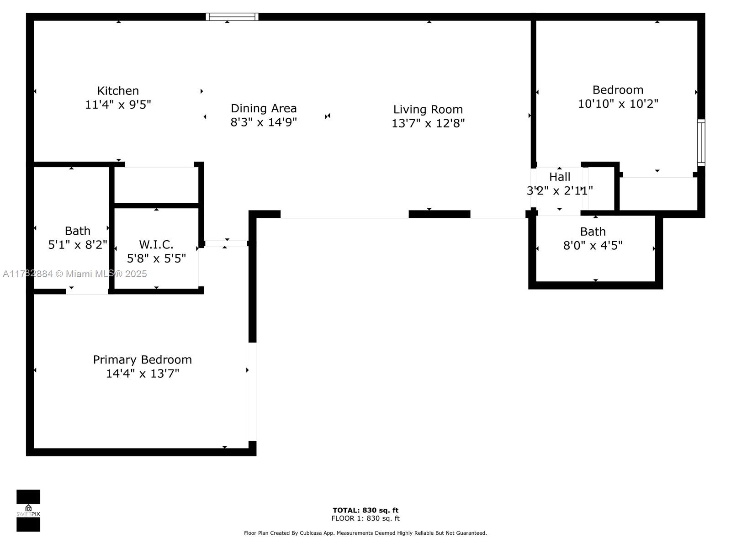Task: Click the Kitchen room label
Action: tap(118, 91)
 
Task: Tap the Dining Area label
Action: tap(264, 109)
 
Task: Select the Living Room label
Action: tap(428, 110)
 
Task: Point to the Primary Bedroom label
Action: tap(143, 360)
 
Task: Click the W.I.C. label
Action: tap(156, 245)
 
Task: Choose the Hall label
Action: tap(560, 177)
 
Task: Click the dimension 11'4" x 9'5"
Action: tap(118, 105)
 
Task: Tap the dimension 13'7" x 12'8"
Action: tap(428, 123)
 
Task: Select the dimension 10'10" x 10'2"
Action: tap(618, 104)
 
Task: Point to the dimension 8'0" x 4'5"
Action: tap(593, 246)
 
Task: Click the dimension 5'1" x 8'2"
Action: tap(78, 245)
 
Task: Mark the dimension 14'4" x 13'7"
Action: tap(143, 374)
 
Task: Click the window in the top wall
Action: tap(232, 16)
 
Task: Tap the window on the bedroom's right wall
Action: tap(701, 142)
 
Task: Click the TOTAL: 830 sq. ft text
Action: tap(365, 510)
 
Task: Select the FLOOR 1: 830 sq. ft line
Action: tap(365, 518)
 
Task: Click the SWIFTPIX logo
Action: tap(28, 511)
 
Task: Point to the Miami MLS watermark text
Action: tap(74, 274)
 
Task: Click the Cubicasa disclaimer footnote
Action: tap(365, 533)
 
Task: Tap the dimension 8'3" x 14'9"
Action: tap(264, 122)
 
